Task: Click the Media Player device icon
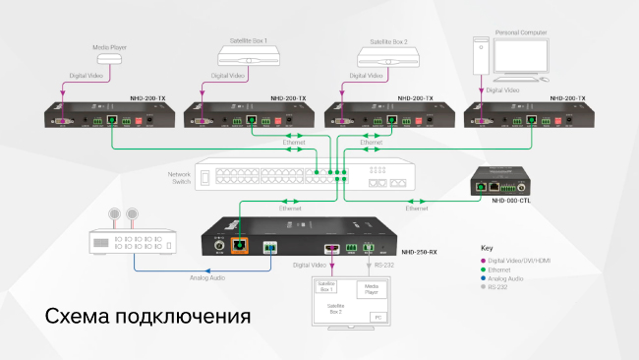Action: coord(110,59)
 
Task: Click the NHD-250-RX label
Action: coord(420,252)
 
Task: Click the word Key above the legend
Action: coord(486,248)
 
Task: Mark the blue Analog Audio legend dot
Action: coord(484,278)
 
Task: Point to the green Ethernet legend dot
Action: coord(484,269)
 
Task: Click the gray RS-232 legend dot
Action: coord(484,287)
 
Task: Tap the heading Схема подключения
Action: coord(147,317)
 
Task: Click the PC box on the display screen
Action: coord(376,317)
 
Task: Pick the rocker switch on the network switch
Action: coord(205,176)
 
